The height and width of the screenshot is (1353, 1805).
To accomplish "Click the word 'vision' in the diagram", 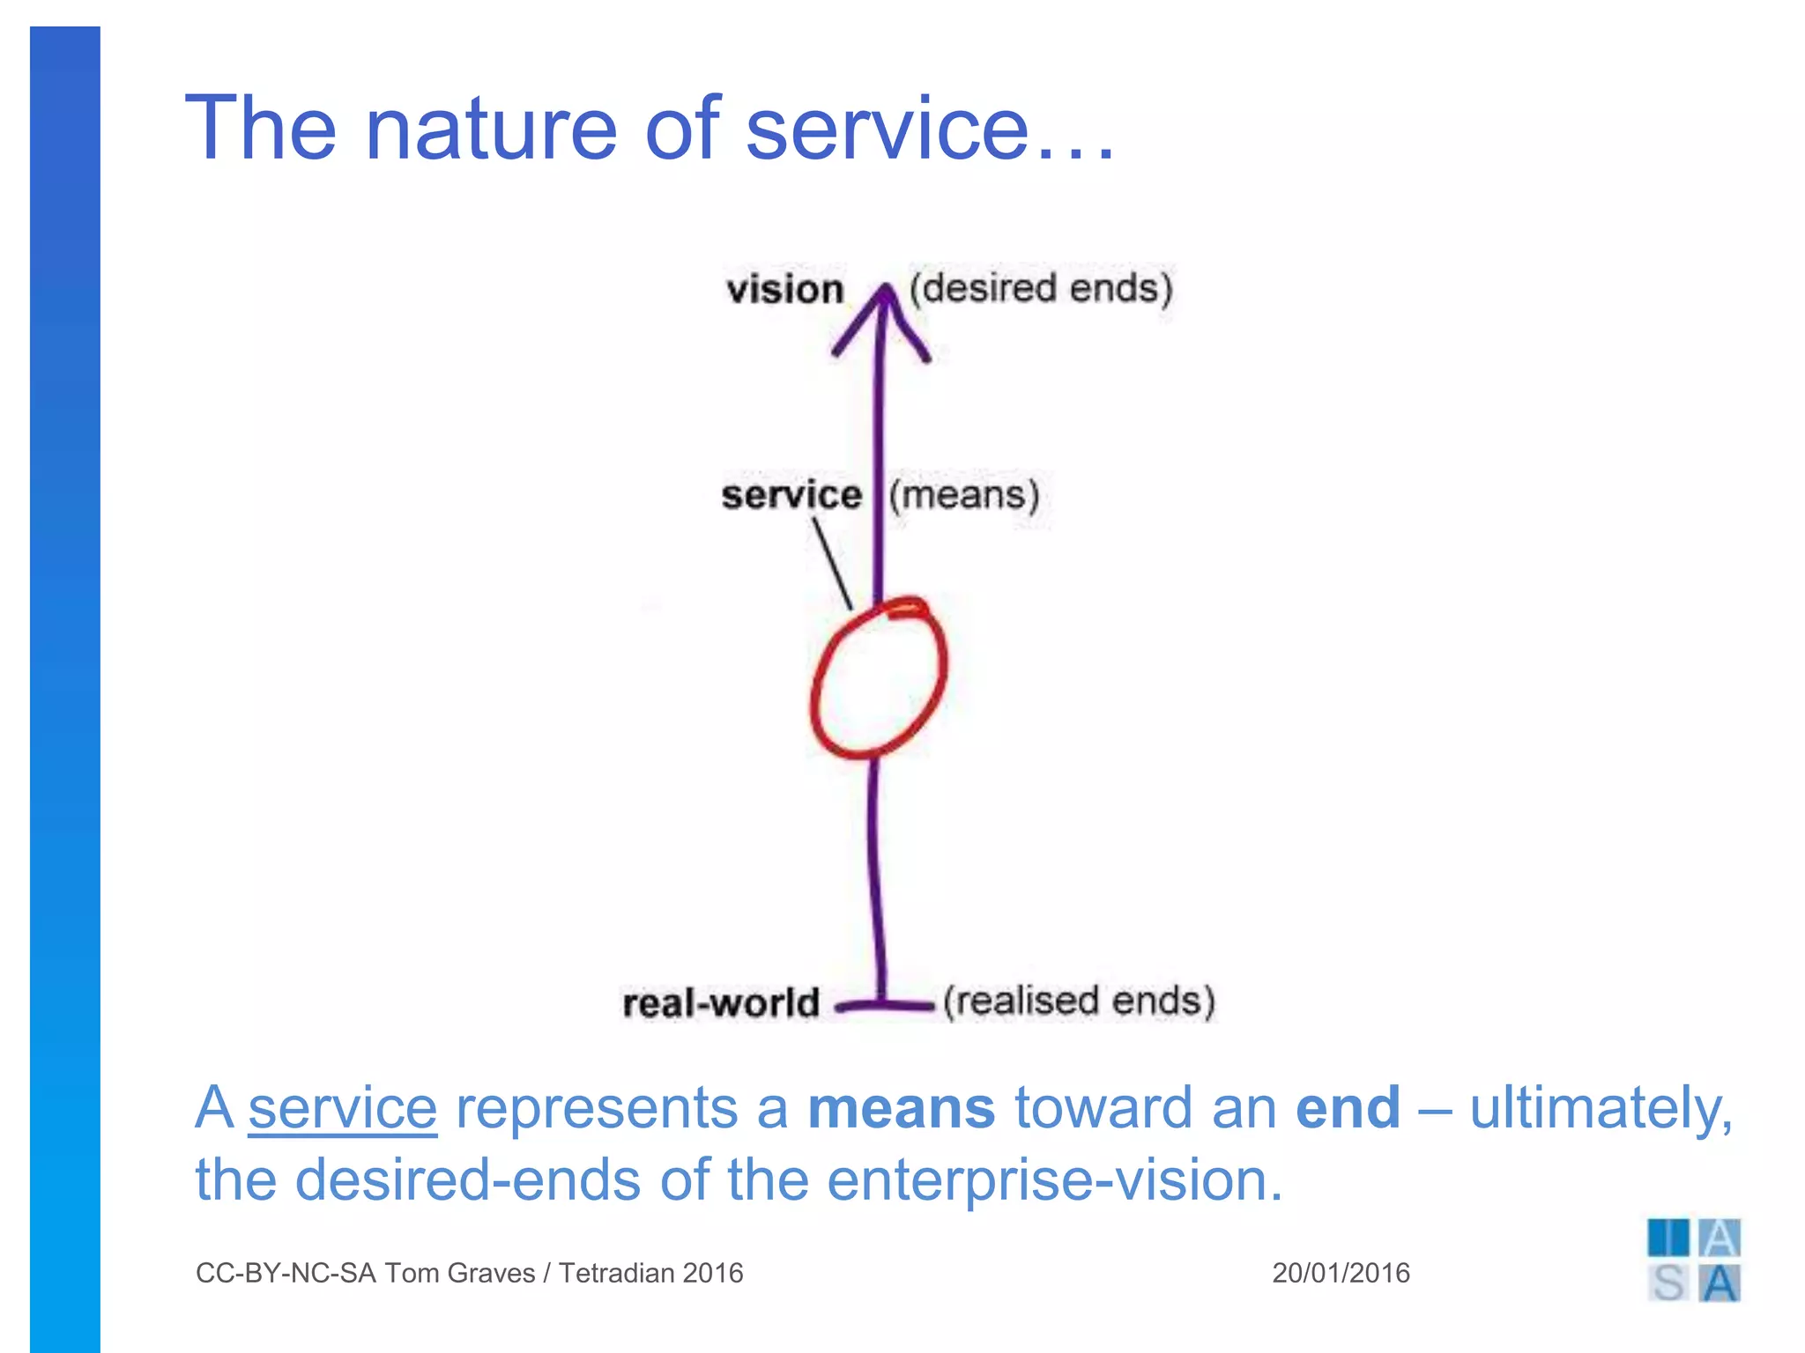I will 784,290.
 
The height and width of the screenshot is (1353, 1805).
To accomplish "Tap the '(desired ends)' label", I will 1041,288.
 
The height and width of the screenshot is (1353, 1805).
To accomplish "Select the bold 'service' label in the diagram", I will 791,495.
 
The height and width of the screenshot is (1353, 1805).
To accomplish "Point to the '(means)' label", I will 964,495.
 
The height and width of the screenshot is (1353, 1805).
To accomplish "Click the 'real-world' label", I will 721,1003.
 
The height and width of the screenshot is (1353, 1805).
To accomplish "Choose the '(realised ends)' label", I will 1080,1002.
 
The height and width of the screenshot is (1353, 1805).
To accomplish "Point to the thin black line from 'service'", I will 832,564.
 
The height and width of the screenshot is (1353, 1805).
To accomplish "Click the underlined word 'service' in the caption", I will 342,1107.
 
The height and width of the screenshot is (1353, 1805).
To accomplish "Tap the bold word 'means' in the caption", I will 901,1107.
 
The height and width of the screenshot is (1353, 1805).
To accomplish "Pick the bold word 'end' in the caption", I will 1347,1107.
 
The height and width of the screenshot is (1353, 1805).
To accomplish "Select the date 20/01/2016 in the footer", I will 1341,1273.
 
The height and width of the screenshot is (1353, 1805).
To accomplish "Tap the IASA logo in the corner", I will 1693,1261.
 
